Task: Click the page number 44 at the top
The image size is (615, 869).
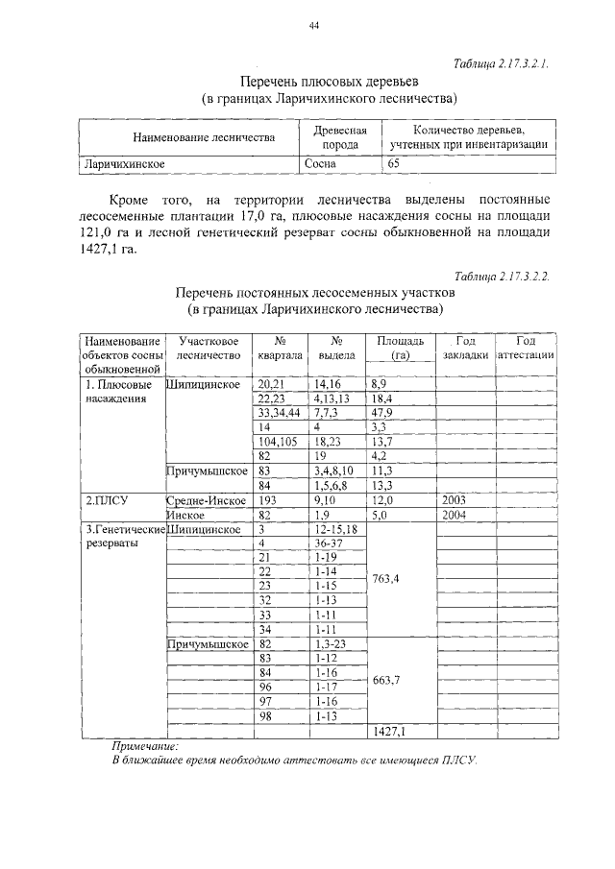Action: point(312,26)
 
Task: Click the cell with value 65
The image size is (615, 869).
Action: point(393,164)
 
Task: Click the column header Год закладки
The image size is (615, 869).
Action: point(465,348)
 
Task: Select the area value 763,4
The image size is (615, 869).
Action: point(387,579)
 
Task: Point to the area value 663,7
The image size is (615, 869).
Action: point(387,679)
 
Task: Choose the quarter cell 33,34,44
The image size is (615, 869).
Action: point(279,411)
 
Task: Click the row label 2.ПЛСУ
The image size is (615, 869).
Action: point(108,501)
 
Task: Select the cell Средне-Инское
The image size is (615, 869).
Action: point(205,501)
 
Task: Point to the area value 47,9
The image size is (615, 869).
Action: point(381,411)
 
